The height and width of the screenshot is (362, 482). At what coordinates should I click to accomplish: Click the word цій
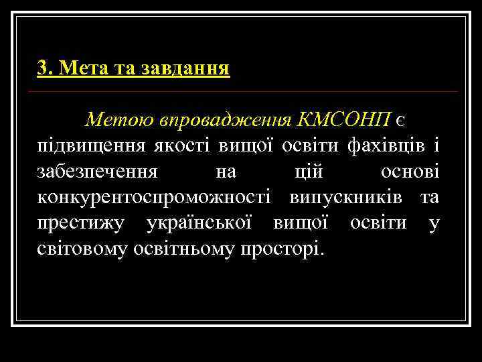coord(309,172)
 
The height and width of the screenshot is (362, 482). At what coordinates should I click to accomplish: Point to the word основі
coord(410,172)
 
